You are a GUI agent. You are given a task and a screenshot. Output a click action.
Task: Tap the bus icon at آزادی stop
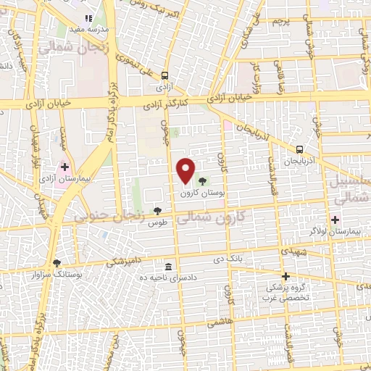(x=166, y=75)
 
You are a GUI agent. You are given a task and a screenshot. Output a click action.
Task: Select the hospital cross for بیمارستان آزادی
(x=64, y=166)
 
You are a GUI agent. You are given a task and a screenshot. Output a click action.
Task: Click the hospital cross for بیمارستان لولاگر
(x=335, y=219)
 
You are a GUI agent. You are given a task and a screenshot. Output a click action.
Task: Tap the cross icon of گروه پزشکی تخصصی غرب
(x=285, y=276)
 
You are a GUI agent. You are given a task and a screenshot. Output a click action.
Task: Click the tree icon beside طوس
(x=158, y=211)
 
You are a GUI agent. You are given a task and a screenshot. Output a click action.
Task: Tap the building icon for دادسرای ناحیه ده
(x=168, y=266)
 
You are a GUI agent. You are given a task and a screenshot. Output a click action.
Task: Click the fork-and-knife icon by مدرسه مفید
(x=88, y=18)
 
